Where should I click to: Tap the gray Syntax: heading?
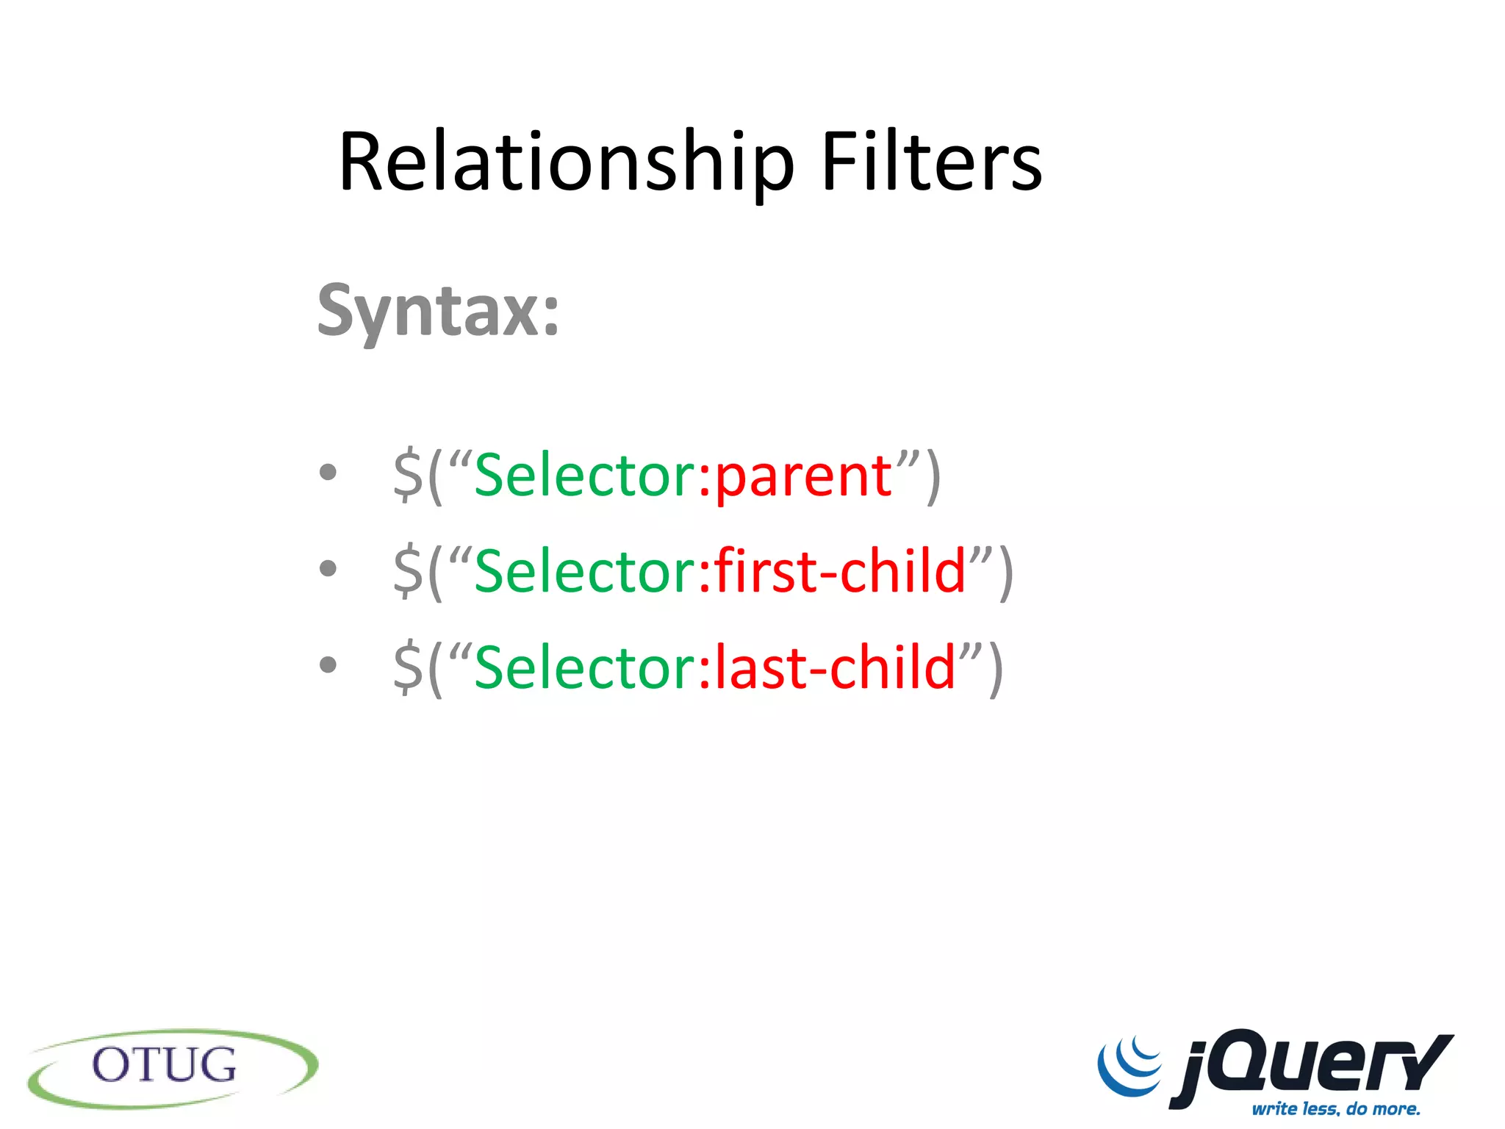tap(438, 312)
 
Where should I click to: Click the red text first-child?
tap(840, 572)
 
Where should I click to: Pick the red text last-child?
tap(835, 667)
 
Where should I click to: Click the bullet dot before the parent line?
tap(328, 472)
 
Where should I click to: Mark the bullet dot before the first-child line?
tap(328, 567)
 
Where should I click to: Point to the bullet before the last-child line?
tap(328, 664)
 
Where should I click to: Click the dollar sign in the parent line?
tap(408, 476)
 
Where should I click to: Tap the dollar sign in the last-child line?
tap(408, 667)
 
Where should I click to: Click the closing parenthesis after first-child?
tap(1006, 573)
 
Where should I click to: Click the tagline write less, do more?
tap(1336, 1108)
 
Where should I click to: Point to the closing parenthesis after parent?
tap(933, 478)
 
